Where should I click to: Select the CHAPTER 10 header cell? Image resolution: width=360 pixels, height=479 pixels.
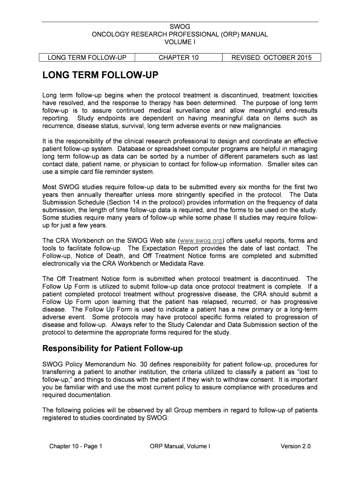click(178, 58)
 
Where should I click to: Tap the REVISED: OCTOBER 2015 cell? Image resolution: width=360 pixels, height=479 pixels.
click(271, 58)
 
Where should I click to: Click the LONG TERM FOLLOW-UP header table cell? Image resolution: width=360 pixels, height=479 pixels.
click(87, 58)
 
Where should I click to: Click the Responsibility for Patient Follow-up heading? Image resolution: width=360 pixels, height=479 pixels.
click(113, 348)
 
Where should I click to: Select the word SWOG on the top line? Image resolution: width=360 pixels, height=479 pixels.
click(180, 27)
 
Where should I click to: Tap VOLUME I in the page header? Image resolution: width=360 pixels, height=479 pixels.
click(180, 42)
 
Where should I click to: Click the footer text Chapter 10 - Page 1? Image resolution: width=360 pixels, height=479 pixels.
click(76, 446)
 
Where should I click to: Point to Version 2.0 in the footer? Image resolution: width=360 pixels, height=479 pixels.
click(295, 446)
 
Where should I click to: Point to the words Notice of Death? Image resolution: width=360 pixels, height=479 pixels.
click(100, 256)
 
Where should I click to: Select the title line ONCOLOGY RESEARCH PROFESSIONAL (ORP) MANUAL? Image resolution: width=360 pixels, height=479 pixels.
click(180, 34)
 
